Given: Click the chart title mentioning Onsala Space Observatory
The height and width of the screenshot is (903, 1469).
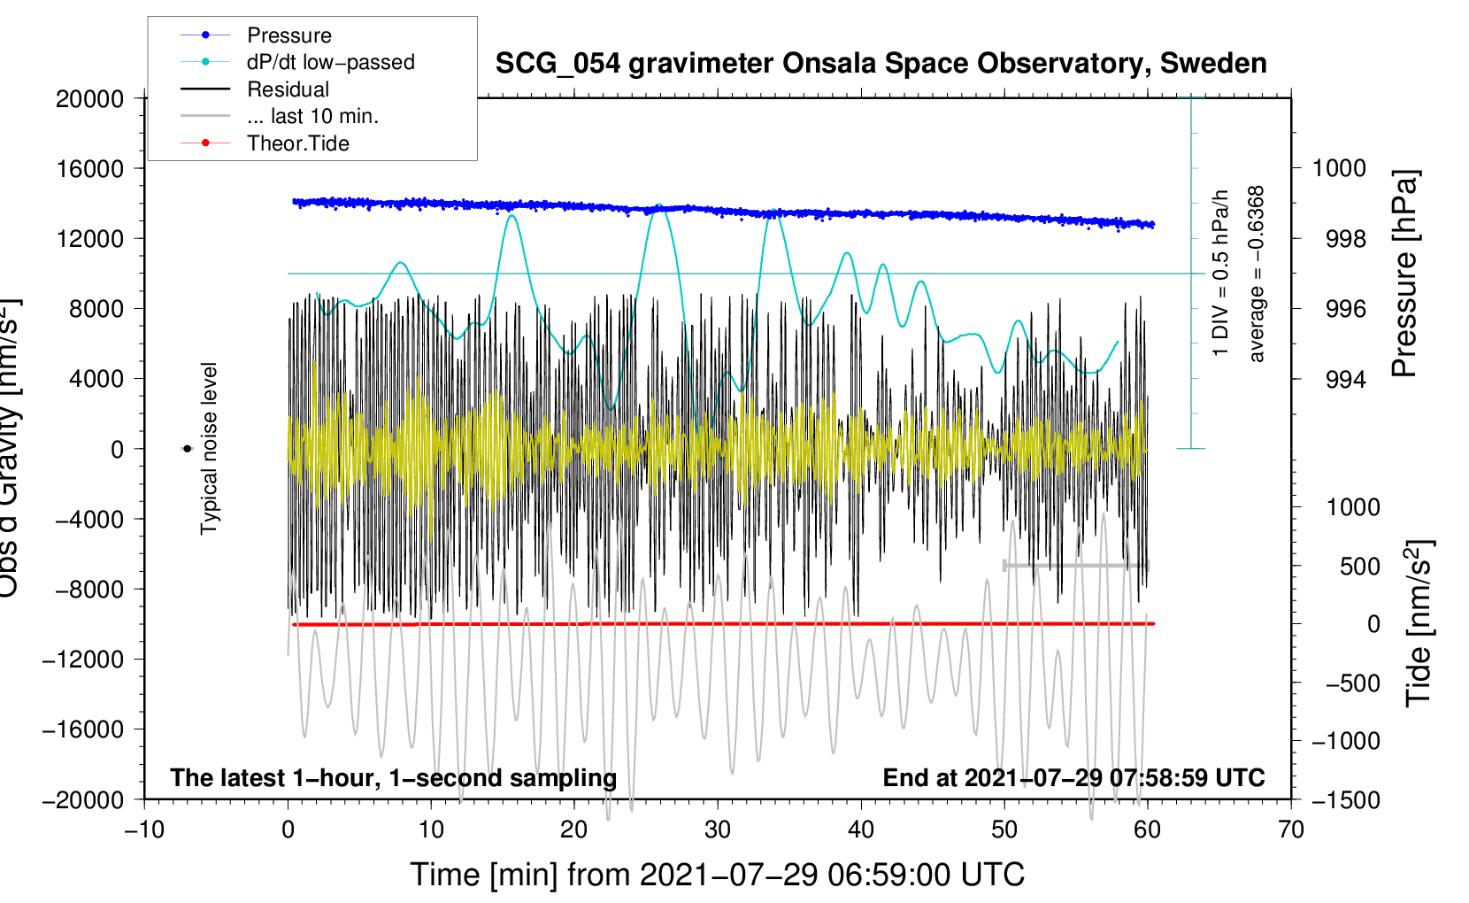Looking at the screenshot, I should point(881,64).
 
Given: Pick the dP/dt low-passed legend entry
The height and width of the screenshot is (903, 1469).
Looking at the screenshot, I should point(330,62).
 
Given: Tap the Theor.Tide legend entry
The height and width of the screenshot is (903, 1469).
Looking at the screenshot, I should point(297,143).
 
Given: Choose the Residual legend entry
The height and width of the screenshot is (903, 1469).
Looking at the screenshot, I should point(288,89).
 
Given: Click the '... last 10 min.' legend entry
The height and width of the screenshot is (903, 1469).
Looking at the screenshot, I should point(312,116).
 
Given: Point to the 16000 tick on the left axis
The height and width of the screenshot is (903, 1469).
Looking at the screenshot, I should point(90,168).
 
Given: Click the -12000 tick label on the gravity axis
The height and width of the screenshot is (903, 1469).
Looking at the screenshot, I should point(83,660).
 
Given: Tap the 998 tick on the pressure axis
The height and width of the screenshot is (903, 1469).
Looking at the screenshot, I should point(1345,239).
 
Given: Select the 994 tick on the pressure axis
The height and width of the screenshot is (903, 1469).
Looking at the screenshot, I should point(1345,380).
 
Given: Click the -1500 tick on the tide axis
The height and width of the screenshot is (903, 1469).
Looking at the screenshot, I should point(1345,800).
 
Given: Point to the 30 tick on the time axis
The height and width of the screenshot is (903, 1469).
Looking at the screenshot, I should point(718,830).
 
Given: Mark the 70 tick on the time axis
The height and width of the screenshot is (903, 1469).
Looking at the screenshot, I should point(1291,830).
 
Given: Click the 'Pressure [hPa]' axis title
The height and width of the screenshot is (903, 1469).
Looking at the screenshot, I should point(1404,274).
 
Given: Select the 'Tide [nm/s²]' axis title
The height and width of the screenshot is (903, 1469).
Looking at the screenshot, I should point(1419,622).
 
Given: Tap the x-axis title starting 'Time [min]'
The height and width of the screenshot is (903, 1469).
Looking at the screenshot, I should point(717,875).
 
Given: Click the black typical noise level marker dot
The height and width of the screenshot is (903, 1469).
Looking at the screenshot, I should point(187,449).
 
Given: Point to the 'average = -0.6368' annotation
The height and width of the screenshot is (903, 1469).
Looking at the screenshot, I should point(1257,274).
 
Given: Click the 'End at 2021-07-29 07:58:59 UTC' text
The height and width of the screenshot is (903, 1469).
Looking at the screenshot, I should point(1073,777).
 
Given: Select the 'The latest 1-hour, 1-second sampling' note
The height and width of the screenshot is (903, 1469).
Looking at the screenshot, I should point(393,777).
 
